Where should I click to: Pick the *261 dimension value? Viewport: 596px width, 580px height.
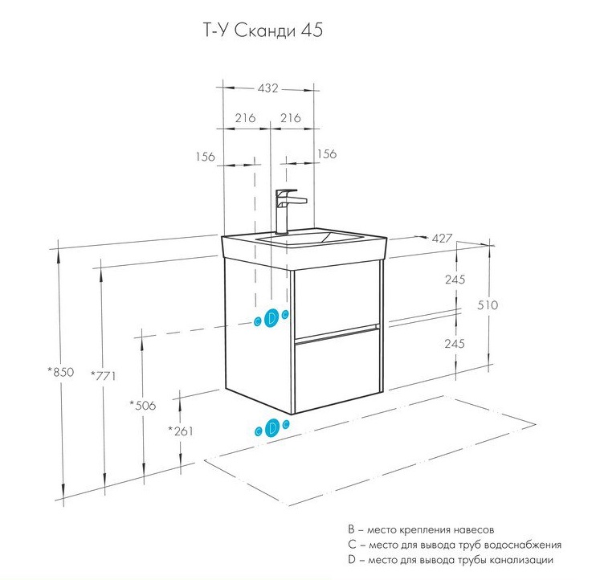click(182, 431)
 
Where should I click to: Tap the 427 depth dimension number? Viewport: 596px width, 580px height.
click(442, 239)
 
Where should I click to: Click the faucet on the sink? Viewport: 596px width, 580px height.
click(287, 210)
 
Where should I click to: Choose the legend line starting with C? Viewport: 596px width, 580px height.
click(449, 545)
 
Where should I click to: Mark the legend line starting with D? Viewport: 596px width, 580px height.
click(451, 559)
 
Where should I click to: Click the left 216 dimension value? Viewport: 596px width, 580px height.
click(245, 118)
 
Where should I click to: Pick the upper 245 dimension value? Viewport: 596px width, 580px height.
click(455, 280)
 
